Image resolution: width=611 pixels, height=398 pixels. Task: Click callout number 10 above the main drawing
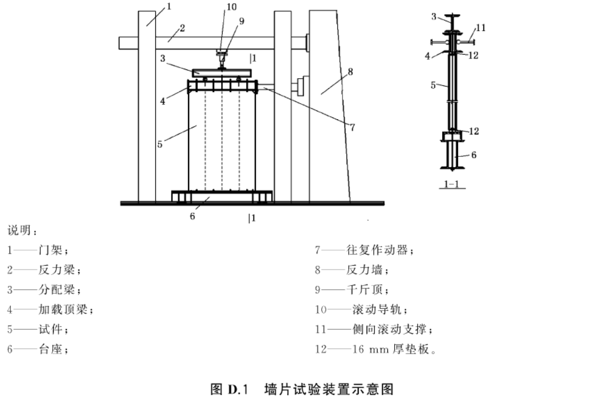pyautogui.click(x=231, y=7)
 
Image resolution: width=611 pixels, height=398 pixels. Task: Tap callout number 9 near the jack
pyautogui.click(x=241, y=21)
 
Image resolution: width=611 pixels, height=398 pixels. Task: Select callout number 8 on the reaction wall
pyautogui.click(x=350, y=72)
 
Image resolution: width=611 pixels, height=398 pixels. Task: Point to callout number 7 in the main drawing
pyautogui.click(x=352, y=127)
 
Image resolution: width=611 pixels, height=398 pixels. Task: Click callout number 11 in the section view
pyautogui.click(x=481, y=28)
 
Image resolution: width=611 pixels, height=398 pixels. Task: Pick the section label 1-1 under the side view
pyautogui.click(x=451, y=184)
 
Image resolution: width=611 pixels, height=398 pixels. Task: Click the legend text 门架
pyautogui.click(x=50, y=250)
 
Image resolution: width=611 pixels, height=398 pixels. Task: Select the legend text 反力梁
pyautogui.click(x=56, y=269)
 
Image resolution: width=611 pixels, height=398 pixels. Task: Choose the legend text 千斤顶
pyautogui.click(x=364, y=289)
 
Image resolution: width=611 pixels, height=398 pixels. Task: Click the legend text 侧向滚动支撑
pyautogui.click(x=389, y=329)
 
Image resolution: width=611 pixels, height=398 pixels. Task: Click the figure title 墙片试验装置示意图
pyautogui.click(x=329, y=389)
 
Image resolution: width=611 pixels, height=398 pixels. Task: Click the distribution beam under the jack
pyautogui.click(x=222, y=73)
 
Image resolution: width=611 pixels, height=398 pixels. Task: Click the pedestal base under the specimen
pyautogui.click(x=222, y=197)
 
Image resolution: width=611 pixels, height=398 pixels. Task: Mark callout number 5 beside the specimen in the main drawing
pyautogui.click(x=160, y=144)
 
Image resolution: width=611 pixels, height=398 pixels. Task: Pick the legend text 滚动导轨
pyautogui.click(x=377, y=309)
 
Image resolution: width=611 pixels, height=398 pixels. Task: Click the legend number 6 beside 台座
pyautogui.click(x=10, y=349)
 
